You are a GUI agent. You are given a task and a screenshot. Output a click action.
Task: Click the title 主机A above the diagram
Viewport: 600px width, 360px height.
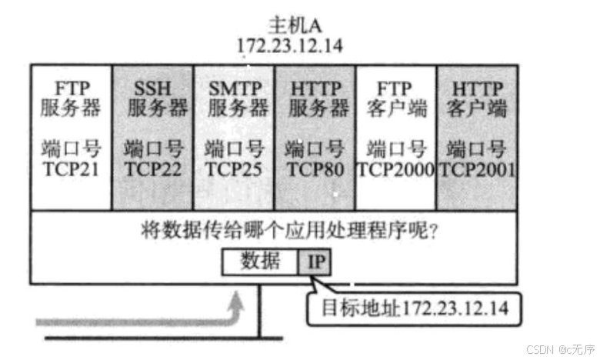pyautogui.click(x=290, y=24)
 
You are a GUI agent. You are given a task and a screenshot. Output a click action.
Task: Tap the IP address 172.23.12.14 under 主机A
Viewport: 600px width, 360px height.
pyautogui.click(x=290, y=45)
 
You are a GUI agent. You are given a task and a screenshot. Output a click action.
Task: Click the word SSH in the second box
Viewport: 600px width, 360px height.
pyautogui.click(x=153, y=86)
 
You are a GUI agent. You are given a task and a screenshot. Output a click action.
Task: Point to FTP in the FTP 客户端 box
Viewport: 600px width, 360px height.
pyautogui.click(x=395, y=86)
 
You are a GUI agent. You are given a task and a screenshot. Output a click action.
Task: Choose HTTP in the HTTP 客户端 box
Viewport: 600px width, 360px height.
pyautogui.click(x=477, y=86)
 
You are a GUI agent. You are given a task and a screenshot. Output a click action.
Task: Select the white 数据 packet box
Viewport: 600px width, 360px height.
pyautogui.click(x=260, y=262)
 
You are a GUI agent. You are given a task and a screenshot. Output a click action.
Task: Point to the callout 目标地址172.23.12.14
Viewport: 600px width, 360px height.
pyautogui.click(x=408, y=308)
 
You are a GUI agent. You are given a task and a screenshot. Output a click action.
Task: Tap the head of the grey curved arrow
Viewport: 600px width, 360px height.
pyautogui.click(x=238, y=301)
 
